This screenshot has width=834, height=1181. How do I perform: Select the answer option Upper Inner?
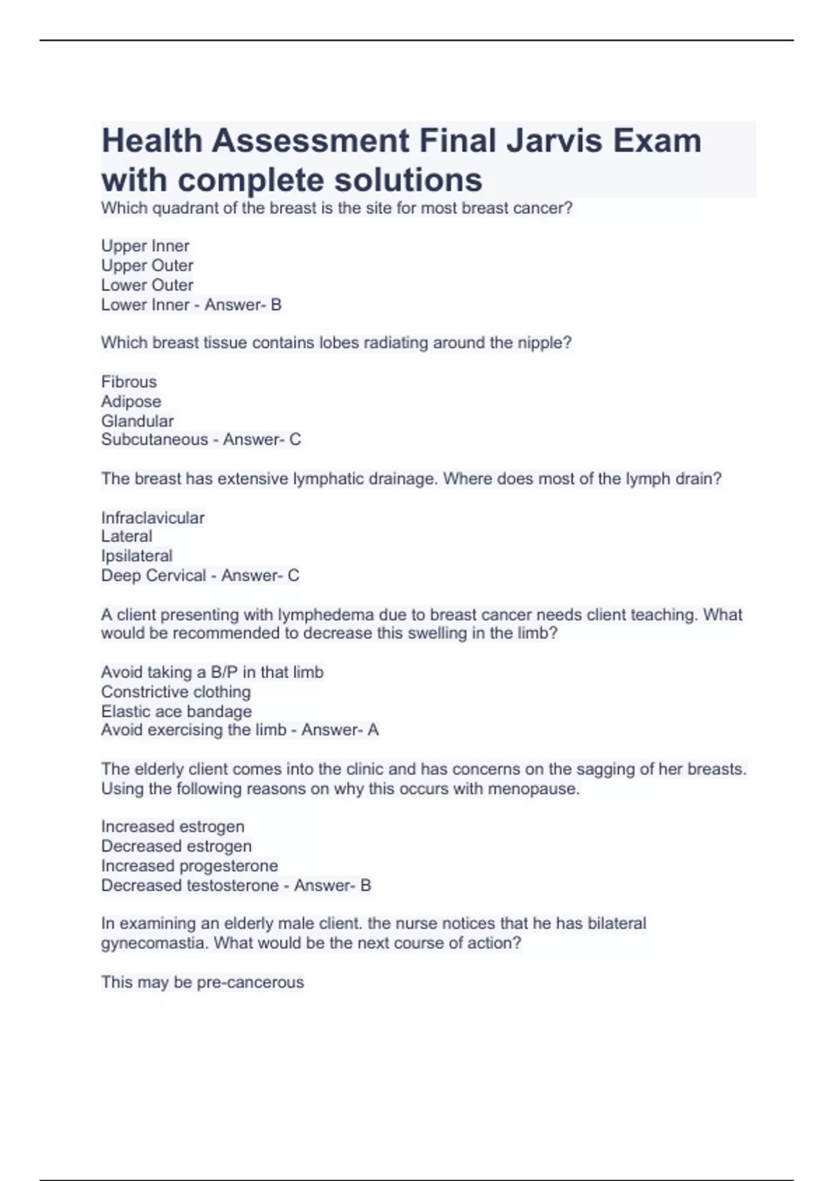pos(145,246)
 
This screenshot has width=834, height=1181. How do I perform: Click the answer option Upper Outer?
pos(147,265)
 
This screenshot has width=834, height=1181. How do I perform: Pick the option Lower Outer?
pos(147,285)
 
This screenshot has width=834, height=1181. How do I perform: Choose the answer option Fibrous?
pos(129,382)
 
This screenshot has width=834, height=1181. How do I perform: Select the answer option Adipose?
pos(131,402)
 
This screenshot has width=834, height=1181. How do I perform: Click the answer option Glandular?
pos(138,421)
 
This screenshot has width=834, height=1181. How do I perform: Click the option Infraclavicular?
pos(153,518)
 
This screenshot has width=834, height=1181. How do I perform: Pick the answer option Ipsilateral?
pos(137,556)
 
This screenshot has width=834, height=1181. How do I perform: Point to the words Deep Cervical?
pos(154,576)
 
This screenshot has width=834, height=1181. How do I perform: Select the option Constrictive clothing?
pos(176,692)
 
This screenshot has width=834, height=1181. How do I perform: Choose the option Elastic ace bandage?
pos(177,711)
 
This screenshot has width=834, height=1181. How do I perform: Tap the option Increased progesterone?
pos(190,866)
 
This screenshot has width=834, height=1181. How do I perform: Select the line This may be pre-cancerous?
pos(202,982)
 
